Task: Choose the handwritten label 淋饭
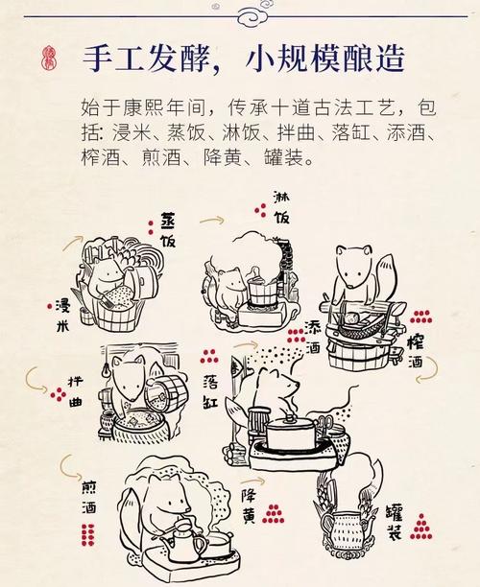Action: click(x=281, y=208)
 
